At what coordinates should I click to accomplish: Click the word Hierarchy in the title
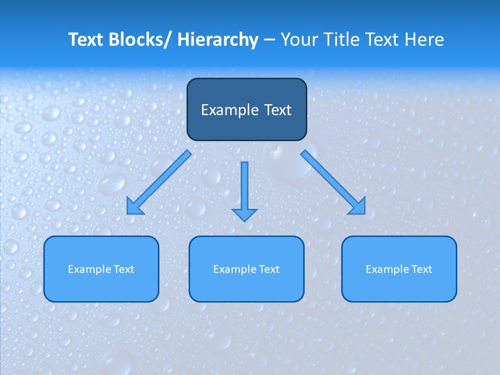[x=218, y=40]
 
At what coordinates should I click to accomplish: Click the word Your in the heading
[x=298, y=40]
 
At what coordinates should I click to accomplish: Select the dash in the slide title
[x=269, y=40]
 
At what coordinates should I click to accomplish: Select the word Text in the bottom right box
[x=421, y=269]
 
